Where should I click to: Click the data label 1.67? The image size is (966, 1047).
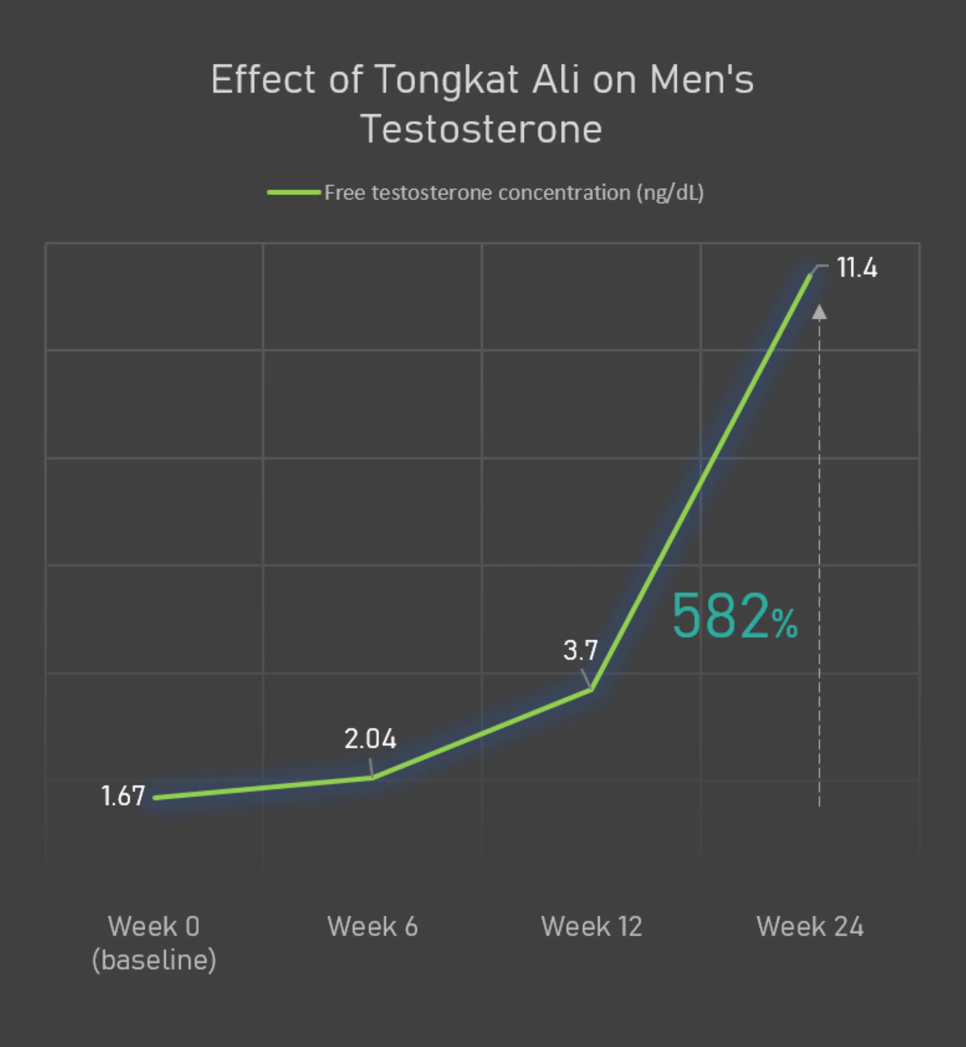point(123,796)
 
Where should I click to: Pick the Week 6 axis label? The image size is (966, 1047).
point(372,927)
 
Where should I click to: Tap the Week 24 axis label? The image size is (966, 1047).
point(810,927)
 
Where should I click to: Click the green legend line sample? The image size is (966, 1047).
point(294,192)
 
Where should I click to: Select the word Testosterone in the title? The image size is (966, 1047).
point(481,129)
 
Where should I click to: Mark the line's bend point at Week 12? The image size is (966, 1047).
point(591,690)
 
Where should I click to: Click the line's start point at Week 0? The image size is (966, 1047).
point(155,798)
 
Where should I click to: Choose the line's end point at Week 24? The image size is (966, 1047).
point(810,275)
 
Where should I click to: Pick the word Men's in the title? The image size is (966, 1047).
point(702,80)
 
